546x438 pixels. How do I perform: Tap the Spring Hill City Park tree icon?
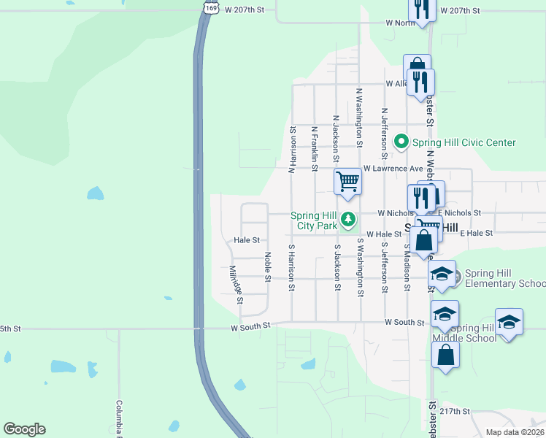coord(349,218)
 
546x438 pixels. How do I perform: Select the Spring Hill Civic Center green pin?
coord(401,142)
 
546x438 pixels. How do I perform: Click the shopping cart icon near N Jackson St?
coord(348,181)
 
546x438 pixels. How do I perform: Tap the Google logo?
coord(24,429)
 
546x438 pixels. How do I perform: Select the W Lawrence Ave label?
coord(393,168)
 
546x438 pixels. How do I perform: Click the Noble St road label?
coord(268,267)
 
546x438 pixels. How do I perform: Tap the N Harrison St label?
coord(292,150)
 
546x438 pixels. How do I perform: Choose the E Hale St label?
coord(477,233)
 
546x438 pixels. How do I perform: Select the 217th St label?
coord(455,411)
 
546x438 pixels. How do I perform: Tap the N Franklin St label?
coord(315,149)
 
